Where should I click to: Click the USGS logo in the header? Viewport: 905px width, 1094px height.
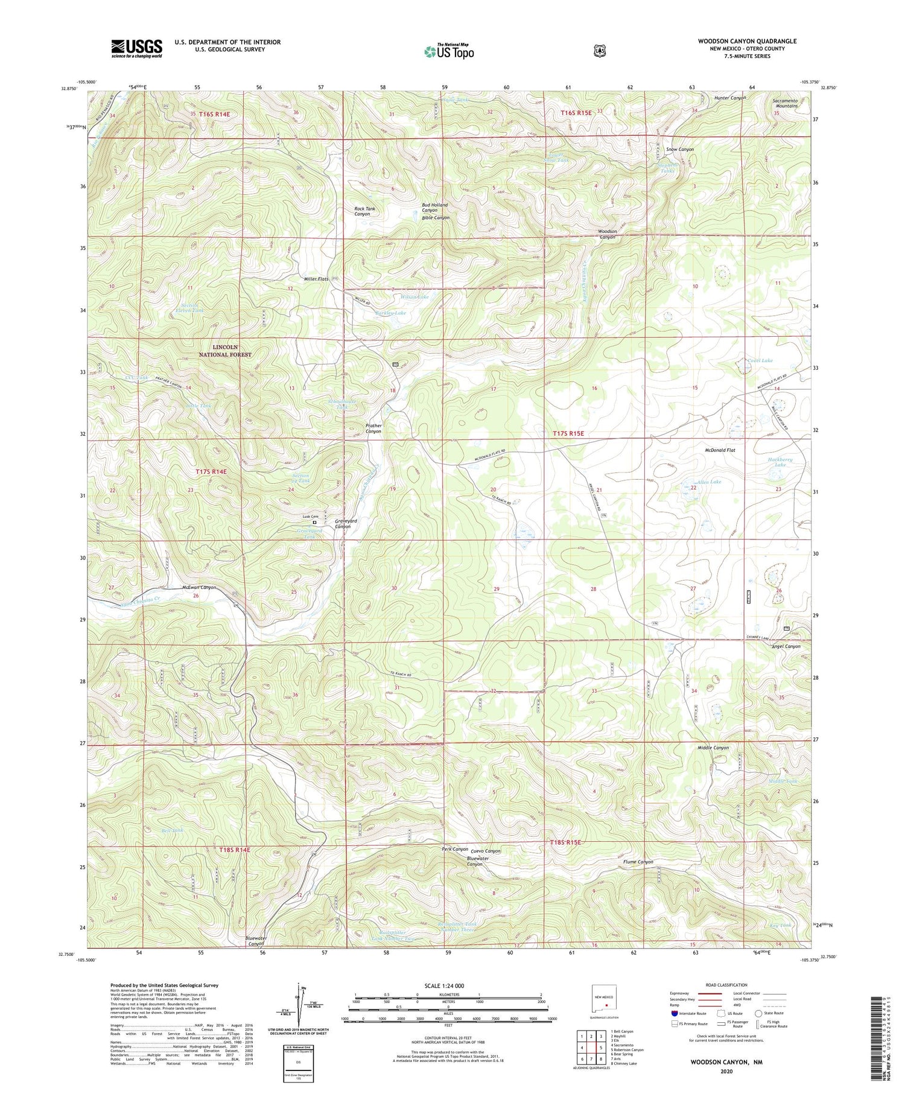pos(136,48)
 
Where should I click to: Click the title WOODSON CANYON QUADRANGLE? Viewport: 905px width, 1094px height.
pos(747,41)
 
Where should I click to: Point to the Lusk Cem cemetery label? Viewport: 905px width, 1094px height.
pos(310,517)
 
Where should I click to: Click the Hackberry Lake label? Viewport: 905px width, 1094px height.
pos(780,462)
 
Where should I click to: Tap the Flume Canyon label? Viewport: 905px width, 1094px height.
pos(638,862)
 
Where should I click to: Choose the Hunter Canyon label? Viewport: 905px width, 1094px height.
pos(730,98)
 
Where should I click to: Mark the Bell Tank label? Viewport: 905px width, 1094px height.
pos(173,830)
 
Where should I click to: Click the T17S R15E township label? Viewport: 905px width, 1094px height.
pos(578,433)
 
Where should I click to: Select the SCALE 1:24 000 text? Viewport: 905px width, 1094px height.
pos(448,986)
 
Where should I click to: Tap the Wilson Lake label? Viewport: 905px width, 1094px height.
pos(414,297)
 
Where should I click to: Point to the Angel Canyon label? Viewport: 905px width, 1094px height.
pos(786,646)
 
